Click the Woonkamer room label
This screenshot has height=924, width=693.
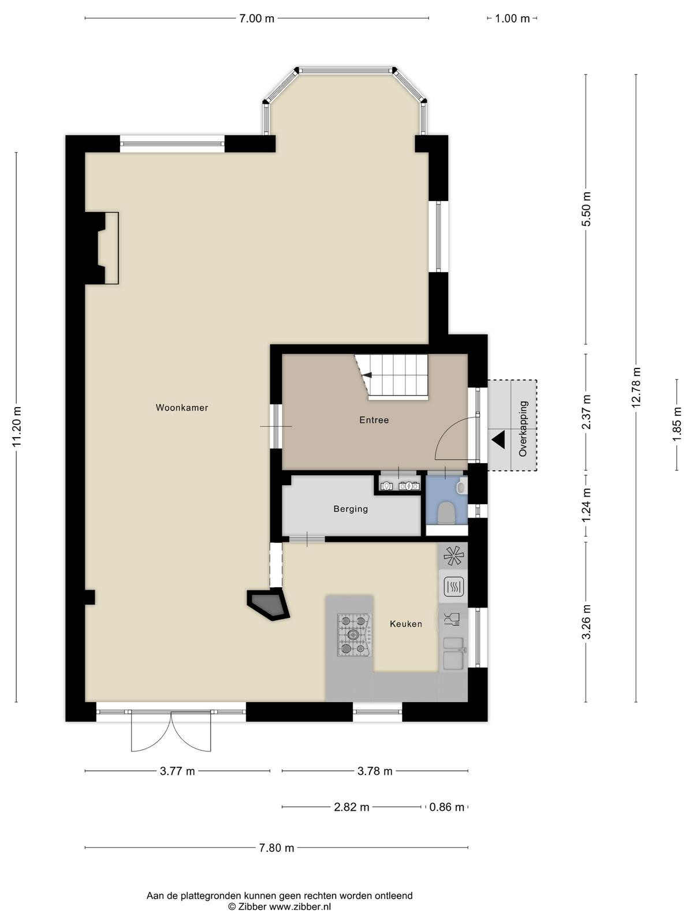tap(182, 408)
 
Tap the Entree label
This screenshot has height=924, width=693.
tap(374, 420)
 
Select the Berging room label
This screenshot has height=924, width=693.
tap(351, 509)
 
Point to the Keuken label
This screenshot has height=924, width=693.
tap(405, 624)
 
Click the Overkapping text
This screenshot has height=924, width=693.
tap(523, 429)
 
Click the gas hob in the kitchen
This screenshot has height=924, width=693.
tap(354, 634)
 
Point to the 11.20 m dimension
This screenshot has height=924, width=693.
tap(16, 427)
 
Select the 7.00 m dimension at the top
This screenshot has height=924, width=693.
tap(256, 18)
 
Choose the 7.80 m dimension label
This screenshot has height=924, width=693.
tap(277, 847)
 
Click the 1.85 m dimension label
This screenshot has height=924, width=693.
tap(677, 424)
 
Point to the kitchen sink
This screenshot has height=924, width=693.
tap(453, 653)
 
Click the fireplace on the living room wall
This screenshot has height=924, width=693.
tap(102, 248)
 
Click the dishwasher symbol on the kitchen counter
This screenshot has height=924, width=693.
tap(453, 620)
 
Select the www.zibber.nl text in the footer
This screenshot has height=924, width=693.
tap(300, 904)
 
